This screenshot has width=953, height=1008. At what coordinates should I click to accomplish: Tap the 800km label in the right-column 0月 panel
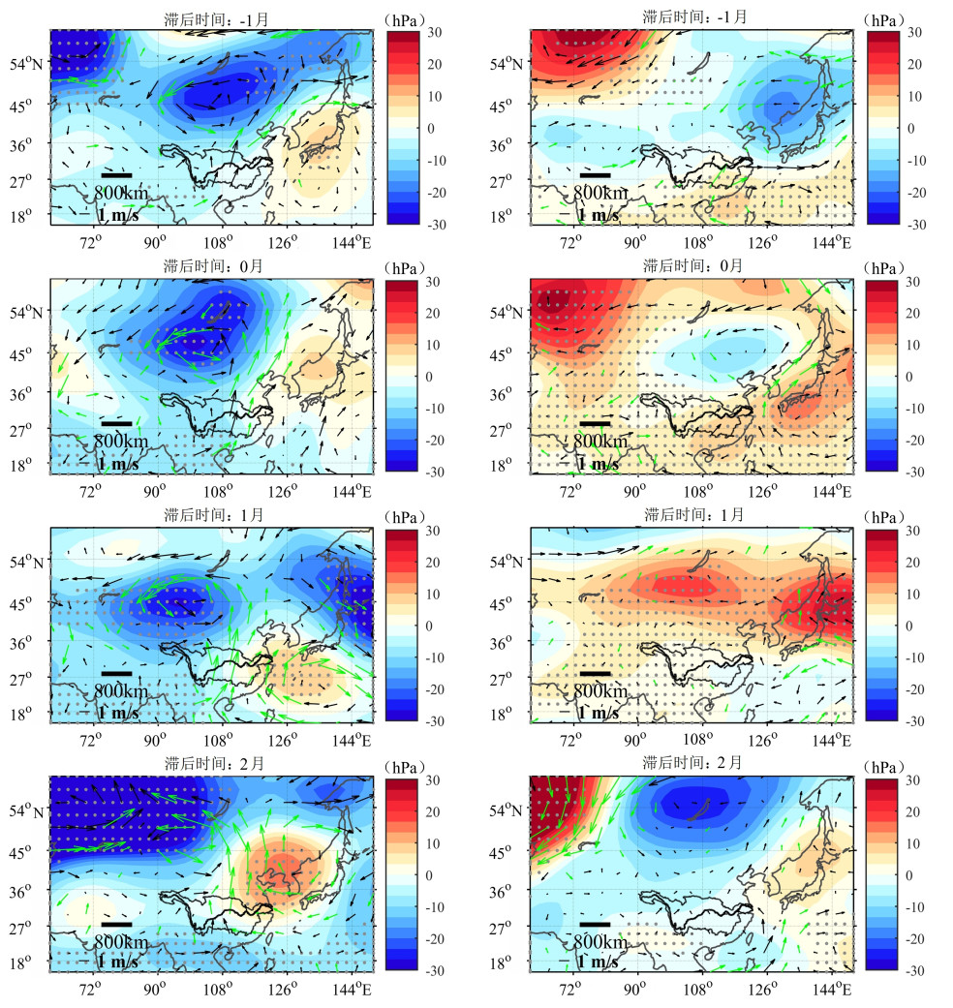coord(600,442)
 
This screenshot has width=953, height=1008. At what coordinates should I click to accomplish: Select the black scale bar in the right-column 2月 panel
coord(595,924)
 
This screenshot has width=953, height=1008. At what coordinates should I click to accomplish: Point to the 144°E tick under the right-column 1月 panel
coord(832,740)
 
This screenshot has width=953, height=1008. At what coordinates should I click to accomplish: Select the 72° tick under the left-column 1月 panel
coord(90,740)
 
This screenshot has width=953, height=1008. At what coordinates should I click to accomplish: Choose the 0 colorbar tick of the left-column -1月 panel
coord(427,128)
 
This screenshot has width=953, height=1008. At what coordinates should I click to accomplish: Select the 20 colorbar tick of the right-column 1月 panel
coord(911,563)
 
